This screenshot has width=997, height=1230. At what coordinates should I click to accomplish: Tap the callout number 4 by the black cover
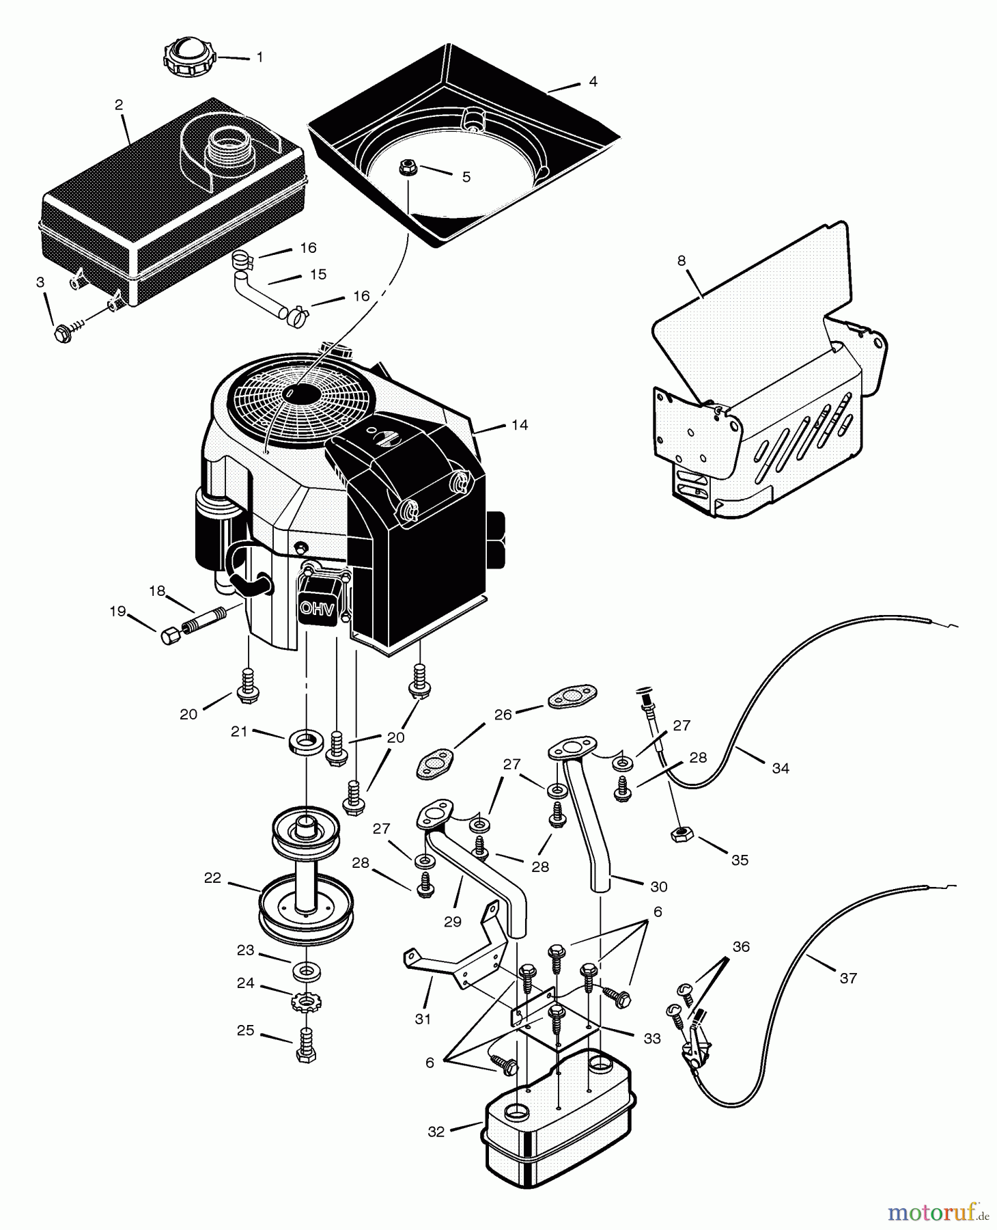pyautogui.click(x=593, y=81)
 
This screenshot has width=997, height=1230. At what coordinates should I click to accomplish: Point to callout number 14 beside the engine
pyautogui.click(x=520, y=425)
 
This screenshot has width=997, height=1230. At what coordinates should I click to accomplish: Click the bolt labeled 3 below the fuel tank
pyautogui.click(x=64, y=334)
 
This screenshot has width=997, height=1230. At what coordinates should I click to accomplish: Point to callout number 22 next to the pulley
pyautogui.click(x=212, y=877)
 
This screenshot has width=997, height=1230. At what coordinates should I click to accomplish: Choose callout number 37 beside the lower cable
pyautogui.click(x=848, y=978)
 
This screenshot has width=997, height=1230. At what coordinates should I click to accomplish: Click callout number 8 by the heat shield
pyautogui.click(x=682, y=260)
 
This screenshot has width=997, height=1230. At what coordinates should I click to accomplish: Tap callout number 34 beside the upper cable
pyautogui.click(x=781, y=768)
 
